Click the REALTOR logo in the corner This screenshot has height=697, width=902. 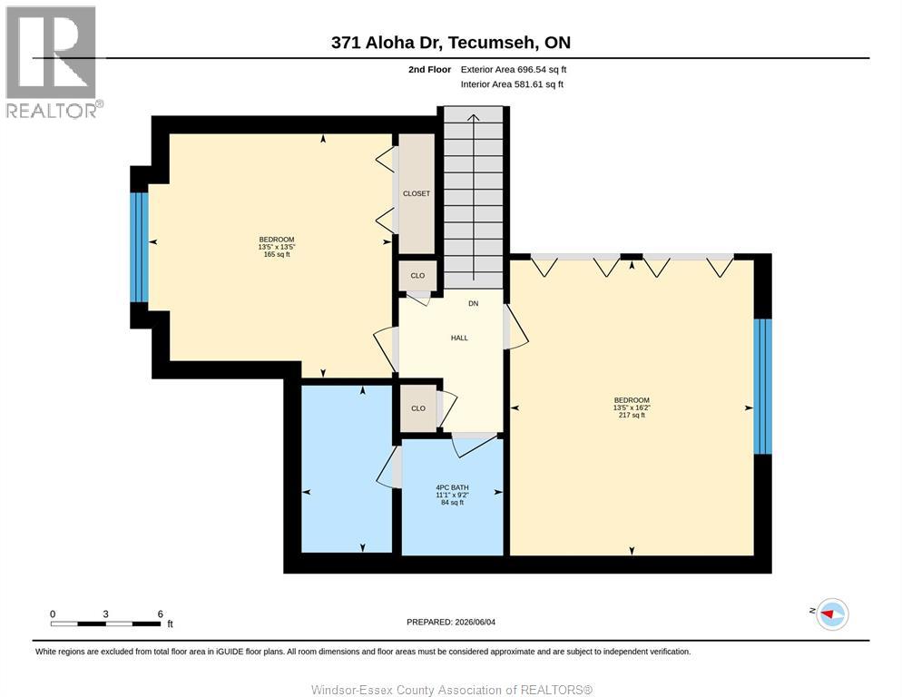click(x=53, y=62)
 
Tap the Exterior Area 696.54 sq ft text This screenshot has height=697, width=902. click(x=513, y=70)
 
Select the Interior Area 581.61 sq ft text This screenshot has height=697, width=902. click(x=512, y=84)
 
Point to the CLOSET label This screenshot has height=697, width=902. click(x=417, y=194)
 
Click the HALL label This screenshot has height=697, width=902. click(x=459, y=338)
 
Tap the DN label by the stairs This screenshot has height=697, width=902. click(x=473, y=303)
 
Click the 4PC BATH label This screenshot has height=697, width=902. click(x=452, y=487)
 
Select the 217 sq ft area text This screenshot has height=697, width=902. click(x=632, y=415)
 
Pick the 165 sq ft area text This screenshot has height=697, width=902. click(x=277, y=254)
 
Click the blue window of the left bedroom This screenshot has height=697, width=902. click(x=139, y=247)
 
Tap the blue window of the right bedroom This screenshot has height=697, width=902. click(x=763, y=387)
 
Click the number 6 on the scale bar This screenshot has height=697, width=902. click(x=161, y=614)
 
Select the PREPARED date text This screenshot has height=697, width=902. click(x=451, y=623)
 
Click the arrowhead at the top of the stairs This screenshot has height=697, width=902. click(x=473, y=118)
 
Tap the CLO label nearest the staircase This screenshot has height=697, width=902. click(x=417, y=276)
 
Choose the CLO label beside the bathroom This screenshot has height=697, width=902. click(x=418, y=408)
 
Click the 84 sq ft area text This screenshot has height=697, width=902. click(x=452, y=503)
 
